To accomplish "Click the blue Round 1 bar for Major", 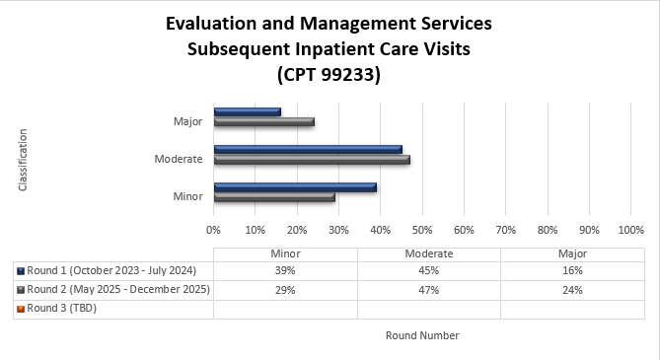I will pyautogui.click(x=247, y=111).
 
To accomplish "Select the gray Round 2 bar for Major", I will pyautogui.click(x=263, y=122).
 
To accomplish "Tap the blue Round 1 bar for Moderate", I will pyautogui.click(x=308, y=149).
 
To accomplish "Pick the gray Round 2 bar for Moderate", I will pyautogui.click(x=312, y=159).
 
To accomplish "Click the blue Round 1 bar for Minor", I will pyautogui.click(x=295, y=186).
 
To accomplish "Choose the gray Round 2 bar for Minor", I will pyautogui.click(x=274, y=197).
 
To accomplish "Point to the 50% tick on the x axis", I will pyautogui.click(x=422, y=230).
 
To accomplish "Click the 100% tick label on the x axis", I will pyautogui.click(x=630, y=230).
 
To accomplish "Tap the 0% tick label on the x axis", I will pyautogui.click(x=213, y=230).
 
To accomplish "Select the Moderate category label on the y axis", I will pyautogui.click(x=179, y=159).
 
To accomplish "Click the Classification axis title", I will pyautogui.click(x=23, y=159).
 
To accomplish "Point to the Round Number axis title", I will pyautogui.click(x=422, y=335).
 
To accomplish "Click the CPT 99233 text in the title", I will pyautogui.click(x=330, y=74).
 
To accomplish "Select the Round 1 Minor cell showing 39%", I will pyautogui.click(x=285, y=270).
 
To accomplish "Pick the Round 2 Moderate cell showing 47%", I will pyautogui.click(x=428, y=290).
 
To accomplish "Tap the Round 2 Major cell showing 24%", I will pyautogui.click(x=572, y=290).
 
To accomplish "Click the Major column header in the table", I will pyautogui.click(x=572, y=252).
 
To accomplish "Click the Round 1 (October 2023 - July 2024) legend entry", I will pyautogui.click(x=111, y=270).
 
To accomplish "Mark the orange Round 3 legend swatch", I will pyautogui.click(x=21, y=309).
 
